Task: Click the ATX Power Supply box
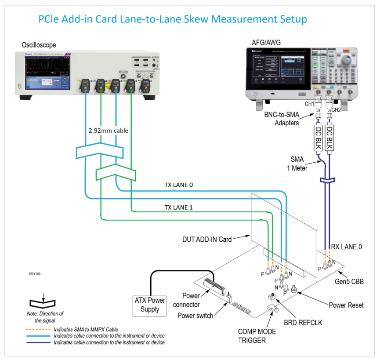point(150,305)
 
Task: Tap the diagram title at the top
point(172,19)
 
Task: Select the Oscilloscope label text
point(39,45)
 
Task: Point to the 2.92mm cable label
point(109,130)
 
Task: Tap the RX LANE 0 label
point(347,247)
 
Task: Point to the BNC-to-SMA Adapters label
point(282,119)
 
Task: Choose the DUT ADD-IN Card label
point(206,240)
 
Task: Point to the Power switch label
point(195,316)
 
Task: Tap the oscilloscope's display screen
point(45,70)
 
